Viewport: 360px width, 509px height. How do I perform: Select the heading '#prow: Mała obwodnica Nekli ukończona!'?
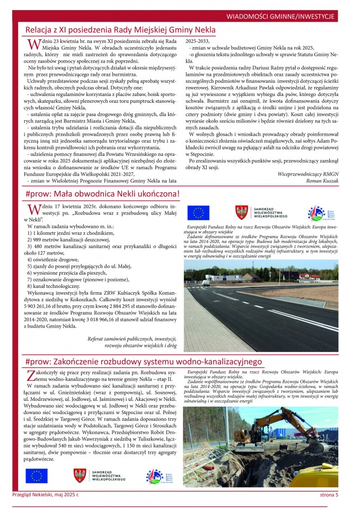pyautogui.click(x=102, y=195)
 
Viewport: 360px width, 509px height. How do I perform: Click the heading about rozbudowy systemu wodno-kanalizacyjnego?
pyautogui.click(x=143, y=362)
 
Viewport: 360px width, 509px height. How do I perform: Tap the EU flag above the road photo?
pyautogui.click(x=198, y=213)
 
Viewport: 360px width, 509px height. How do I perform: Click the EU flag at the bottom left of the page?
pyautogui.click(x=36, y=476)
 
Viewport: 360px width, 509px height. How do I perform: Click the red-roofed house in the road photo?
pyautogui.click(x=309, y=276)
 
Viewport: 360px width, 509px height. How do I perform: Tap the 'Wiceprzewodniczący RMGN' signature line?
pyautogui.click(x=308, y=173)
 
